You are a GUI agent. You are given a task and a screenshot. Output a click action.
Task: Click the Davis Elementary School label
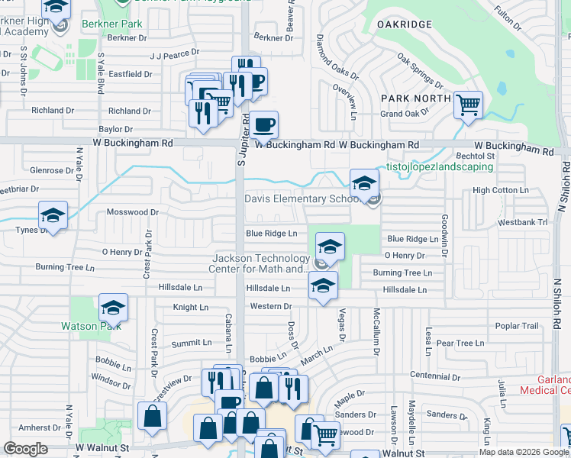coord(300,199)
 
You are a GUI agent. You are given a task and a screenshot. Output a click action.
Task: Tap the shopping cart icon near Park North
coord(468,105)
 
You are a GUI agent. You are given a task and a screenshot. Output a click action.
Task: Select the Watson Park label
coord(90,327)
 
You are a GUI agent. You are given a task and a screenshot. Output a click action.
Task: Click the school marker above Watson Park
coord(113,307)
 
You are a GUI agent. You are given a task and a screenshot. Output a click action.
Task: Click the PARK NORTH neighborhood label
coord(416,98)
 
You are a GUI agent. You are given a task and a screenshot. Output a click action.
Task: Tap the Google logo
coord(25,448)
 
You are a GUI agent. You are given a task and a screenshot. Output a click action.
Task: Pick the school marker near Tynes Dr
coord(53,215)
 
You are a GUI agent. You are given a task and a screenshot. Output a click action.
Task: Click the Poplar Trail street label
coord(517,326)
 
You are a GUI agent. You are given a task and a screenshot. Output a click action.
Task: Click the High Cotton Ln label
coord(501,190)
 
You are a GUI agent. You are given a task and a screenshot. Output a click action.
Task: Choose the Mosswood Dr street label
coord(132,212)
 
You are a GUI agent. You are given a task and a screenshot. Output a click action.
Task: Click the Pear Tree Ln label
coord(460,343)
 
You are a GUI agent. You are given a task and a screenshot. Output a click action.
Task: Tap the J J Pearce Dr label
coord(175,55)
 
